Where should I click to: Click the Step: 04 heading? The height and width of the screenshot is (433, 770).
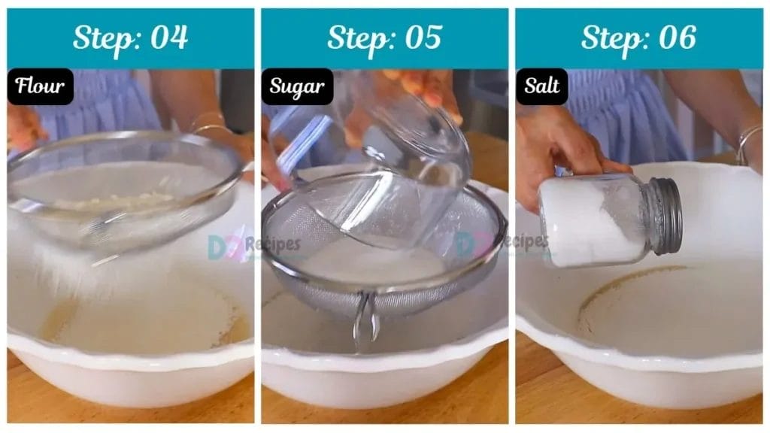coord(130,38)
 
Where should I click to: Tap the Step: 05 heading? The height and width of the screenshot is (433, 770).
coord(384,38)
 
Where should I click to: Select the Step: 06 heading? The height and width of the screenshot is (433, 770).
coord(638,38)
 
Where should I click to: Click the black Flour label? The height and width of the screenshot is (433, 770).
coord(41,86)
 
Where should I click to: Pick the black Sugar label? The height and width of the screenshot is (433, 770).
coord(297,86)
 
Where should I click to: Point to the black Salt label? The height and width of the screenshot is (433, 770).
coord(541,86)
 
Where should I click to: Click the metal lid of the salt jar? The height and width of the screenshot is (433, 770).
coord(665,216)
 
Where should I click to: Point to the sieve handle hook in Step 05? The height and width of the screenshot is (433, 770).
coord(366,322)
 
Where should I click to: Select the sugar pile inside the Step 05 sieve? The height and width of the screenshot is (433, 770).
coord(373,262)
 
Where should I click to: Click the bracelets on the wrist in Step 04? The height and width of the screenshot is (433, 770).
coord(211,123)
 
